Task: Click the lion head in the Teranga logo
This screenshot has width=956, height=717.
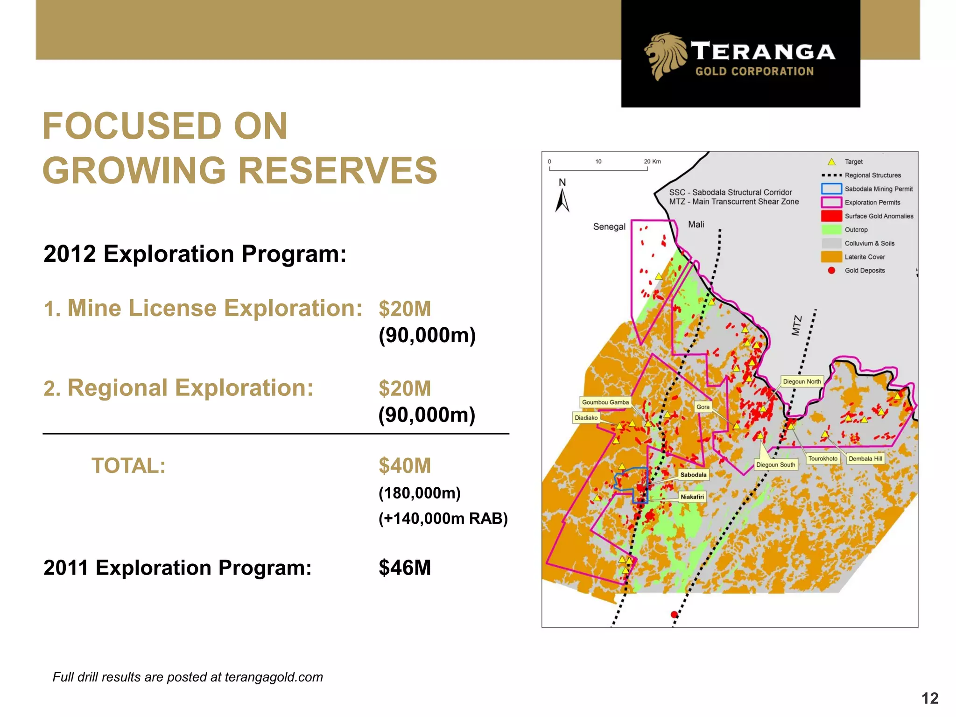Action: (665, 56)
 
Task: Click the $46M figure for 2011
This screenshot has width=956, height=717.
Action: (405, 568)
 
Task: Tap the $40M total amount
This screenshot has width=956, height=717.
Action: (405, 466)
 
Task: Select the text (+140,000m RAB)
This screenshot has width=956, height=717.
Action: (443, 518)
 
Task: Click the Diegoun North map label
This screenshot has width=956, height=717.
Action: (801, 381)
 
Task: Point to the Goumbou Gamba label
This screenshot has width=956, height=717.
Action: (605, 402)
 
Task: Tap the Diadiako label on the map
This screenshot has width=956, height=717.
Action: (586, 418)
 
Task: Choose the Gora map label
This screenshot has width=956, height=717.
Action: (703, 407)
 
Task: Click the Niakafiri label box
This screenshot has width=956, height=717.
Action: (692, 497)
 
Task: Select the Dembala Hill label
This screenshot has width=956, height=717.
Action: (865, 458)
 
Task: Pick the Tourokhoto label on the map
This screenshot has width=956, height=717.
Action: (822, 458)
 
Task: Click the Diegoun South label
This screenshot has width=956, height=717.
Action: (775, 464)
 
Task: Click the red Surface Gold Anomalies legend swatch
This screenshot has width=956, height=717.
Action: (831, 216)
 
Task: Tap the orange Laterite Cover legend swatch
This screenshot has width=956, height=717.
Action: (831, 257)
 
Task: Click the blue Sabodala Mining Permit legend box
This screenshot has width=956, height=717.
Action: (831, 189)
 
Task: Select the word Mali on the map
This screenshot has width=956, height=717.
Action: (696, 225)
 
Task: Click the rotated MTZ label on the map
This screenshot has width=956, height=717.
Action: (796, 325)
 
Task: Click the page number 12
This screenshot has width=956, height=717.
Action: (929, 698)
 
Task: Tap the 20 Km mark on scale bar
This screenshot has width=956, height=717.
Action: (652, 162)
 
